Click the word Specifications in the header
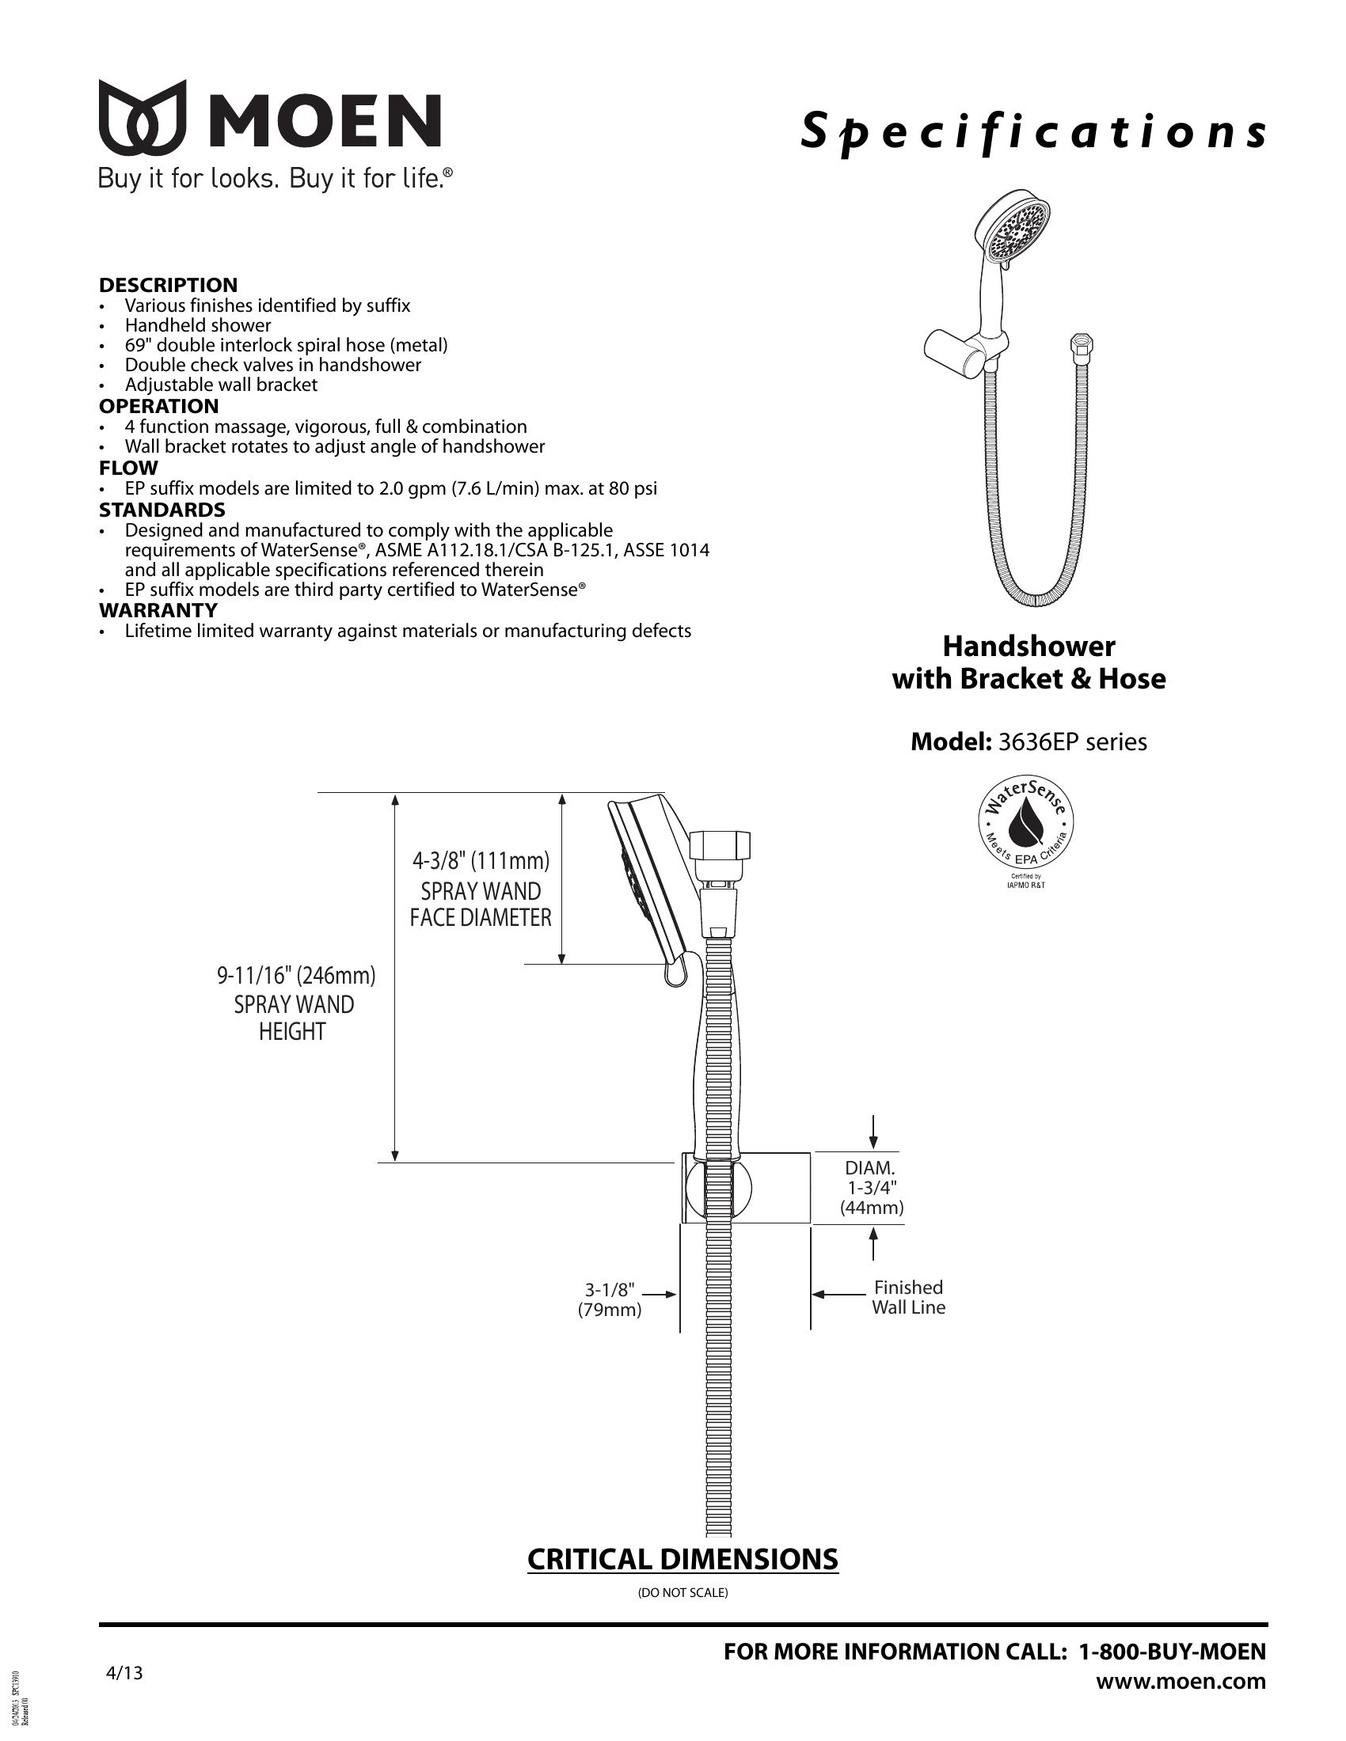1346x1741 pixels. pos(1033,131)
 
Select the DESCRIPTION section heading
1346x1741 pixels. pos(168,285)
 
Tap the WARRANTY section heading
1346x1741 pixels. pos(158,611)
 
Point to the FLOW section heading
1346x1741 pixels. pos(128,468)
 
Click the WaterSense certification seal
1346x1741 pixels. pos(1025,829)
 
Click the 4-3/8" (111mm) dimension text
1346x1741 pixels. pos(481,861)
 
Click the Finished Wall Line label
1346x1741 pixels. pos(908,1297)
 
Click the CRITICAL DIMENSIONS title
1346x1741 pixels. pos(683,1558)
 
